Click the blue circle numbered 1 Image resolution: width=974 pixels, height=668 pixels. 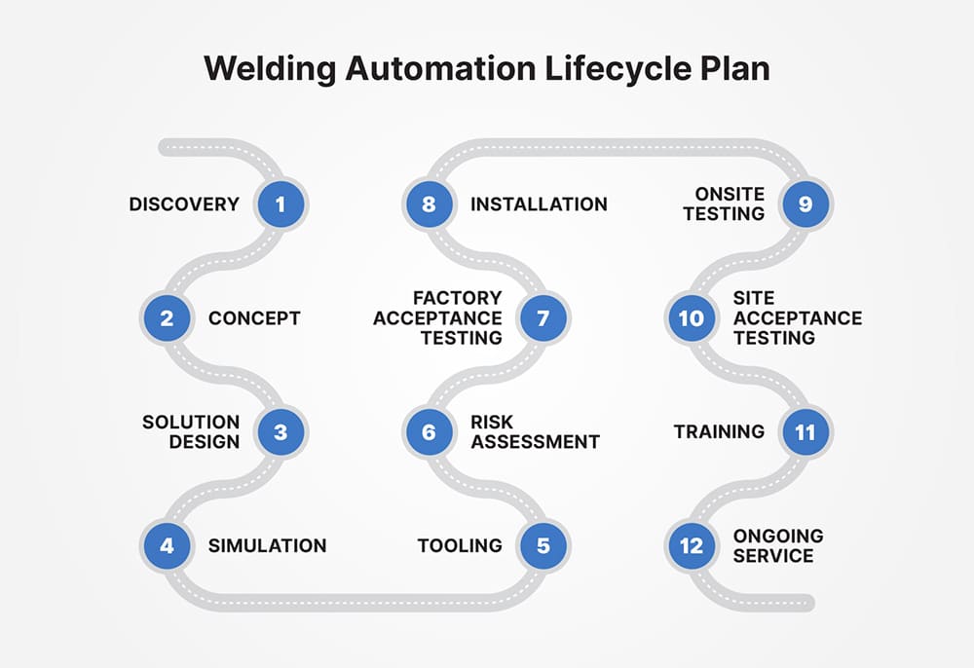(x=281, y=204)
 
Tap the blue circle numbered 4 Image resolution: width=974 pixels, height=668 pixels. (x=167, y=545)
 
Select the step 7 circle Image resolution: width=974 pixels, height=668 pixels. (x=543, y=318)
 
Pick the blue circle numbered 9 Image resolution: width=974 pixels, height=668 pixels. (x=805, y=204)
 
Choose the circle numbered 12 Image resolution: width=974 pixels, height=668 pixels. (x=691, y=545)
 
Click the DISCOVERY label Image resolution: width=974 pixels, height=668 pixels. (x=184, y=204)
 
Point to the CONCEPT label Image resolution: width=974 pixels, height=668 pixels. (x=254, y=318)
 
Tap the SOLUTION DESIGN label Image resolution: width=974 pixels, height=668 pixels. (x=191, y=431)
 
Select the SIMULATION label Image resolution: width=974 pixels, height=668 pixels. (x=267, y=545)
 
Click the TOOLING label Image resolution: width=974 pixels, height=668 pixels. (x=460, y=545)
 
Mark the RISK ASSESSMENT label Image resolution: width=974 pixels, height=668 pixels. (x=535, y=431)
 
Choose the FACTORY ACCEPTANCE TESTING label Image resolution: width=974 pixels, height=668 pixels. (x=437, y=318)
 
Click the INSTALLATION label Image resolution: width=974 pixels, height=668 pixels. (x=539, y=204)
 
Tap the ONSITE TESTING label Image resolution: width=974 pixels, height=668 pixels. (x=724, y=204)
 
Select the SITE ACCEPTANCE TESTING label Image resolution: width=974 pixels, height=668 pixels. (x=797, y=318)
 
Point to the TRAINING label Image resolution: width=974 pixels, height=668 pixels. (x=719, y=431)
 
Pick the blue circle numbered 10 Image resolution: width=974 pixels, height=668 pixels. (x=691, y=318)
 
